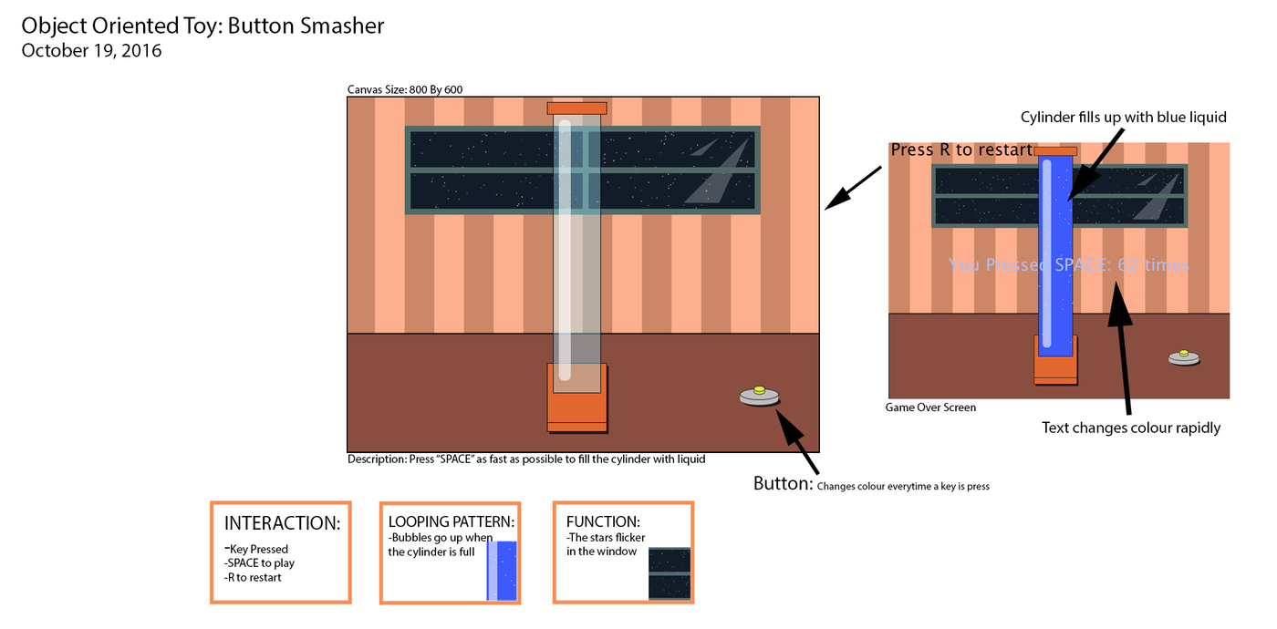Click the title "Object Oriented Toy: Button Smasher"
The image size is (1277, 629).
point(202,26)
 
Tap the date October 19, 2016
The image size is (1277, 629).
point(91,51)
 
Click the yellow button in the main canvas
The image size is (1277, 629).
point(760,391)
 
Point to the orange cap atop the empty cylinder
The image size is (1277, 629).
point(576,108)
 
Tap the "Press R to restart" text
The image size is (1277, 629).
point(961,150)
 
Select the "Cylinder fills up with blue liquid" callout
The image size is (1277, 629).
point(1123,118)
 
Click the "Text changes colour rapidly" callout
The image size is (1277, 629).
point(1131,428)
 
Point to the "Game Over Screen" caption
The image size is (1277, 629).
point(930,407)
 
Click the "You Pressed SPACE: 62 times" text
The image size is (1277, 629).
point(1068,265)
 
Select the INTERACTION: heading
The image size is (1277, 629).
point(282,523)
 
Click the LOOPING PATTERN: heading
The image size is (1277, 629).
point(451,522)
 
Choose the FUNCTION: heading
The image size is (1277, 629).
point(603,522)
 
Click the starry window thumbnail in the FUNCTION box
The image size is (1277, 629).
point(669,573)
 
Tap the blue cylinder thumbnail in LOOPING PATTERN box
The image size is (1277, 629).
point(502,571)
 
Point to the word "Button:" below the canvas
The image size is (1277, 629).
point(783,484)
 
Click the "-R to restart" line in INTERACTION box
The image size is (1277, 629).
point(253,577)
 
